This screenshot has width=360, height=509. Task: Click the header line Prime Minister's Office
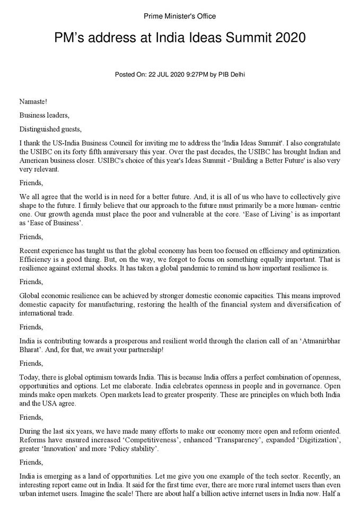pos(180,16)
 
